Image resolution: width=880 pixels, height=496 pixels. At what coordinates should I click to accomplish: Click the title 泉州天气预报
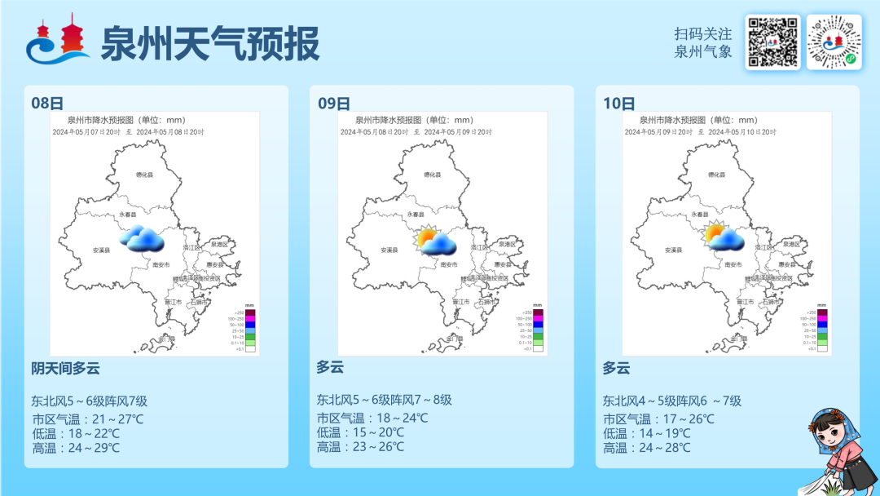click(209, 43)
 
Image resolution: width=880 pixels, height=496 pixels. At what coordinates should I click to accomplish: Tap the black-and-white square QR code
click(772, 42)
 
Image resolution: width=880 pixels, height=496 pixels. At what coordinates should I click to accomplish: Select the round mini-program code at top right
click(834, 42)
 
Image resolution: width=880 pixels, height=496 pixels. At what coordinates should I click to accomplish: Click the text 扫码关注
click(703, 34)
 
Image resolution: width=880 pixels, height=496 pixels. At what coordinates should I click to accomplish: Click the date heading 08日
click(47, 104)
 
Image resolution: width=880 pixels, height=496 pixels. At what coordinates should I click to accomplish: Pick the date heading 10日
click(619, 104)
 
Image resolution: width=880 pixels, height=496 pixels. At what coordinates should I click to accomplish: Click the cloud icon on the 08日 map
click(142, 238)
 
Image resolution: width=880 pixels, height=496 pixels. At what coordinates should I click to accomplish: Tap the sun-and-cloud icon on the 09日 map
click(435, 241)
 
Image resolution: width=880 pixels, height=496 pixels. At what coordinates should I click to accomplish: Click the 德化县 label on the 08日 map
click(146, 175)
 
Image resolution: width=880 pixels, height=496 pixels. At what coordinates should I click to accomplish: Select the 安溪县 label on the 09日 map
click(389, 250)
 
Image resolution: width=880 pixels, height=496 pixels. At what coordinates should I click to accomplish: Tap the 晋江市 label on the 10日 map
click(745, 302)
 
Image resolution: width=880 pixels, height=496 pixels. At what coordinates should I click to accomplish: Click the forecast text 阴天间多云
click(65, 369)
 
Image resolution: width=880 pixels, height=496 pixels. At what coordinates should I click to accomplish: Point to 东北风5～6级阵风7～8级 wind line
click(384, 400)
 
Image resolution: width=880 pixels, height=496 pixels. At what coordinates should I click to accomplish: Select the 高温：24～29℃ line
click(76, 448)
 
